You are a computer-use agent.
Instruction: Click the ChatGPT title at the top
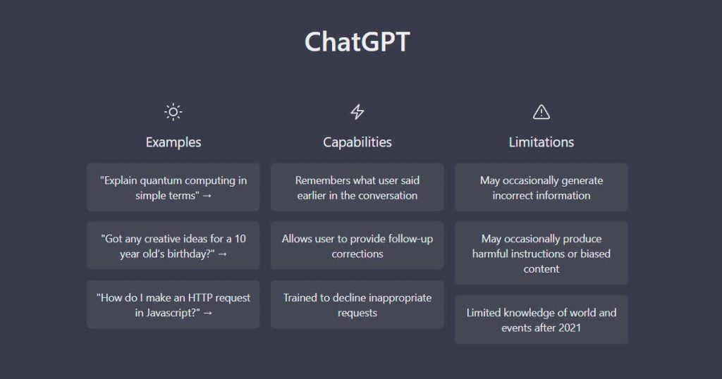[x=357, y=42]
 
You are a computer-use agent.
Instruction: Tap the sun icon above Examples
[x=173, y=112]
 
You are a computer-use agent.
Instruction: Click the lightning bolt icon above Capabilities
[x=357, y=112]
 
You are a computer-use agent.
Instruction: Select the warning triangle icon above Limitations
[x=541, y=112]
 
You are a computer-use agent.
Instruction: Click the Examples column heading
[x=173, y=142]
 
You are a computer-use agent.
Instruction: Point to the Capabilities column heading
[x=357, y=142]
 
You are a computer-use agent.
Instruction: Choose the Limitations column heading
[x=541, y=142]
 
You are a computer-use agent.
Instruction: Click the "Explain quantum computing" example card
[x=173, y=187]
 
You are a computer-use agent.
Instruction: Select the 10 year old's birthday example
[x=173, y=246]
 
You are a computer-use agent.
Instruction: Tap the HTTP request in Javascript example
[x=173, y=304]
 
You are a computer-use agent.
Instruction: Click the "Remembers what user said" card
[x=357, y=187]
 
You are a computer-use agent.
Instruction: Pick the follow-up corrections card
[x=357, y=246]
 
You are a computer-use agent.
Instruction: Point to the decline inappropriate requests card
[x=357, y=304]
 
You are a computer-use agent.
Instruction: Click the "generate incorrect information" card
[x=541, y=187]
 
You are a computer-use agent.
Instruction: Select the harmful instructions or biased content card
[x=541, y=254]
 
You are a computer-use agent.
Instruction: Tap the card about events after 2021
[x=541, y=320]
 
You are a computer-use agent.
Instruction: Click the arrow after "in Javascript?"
[x=207, y=313]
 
